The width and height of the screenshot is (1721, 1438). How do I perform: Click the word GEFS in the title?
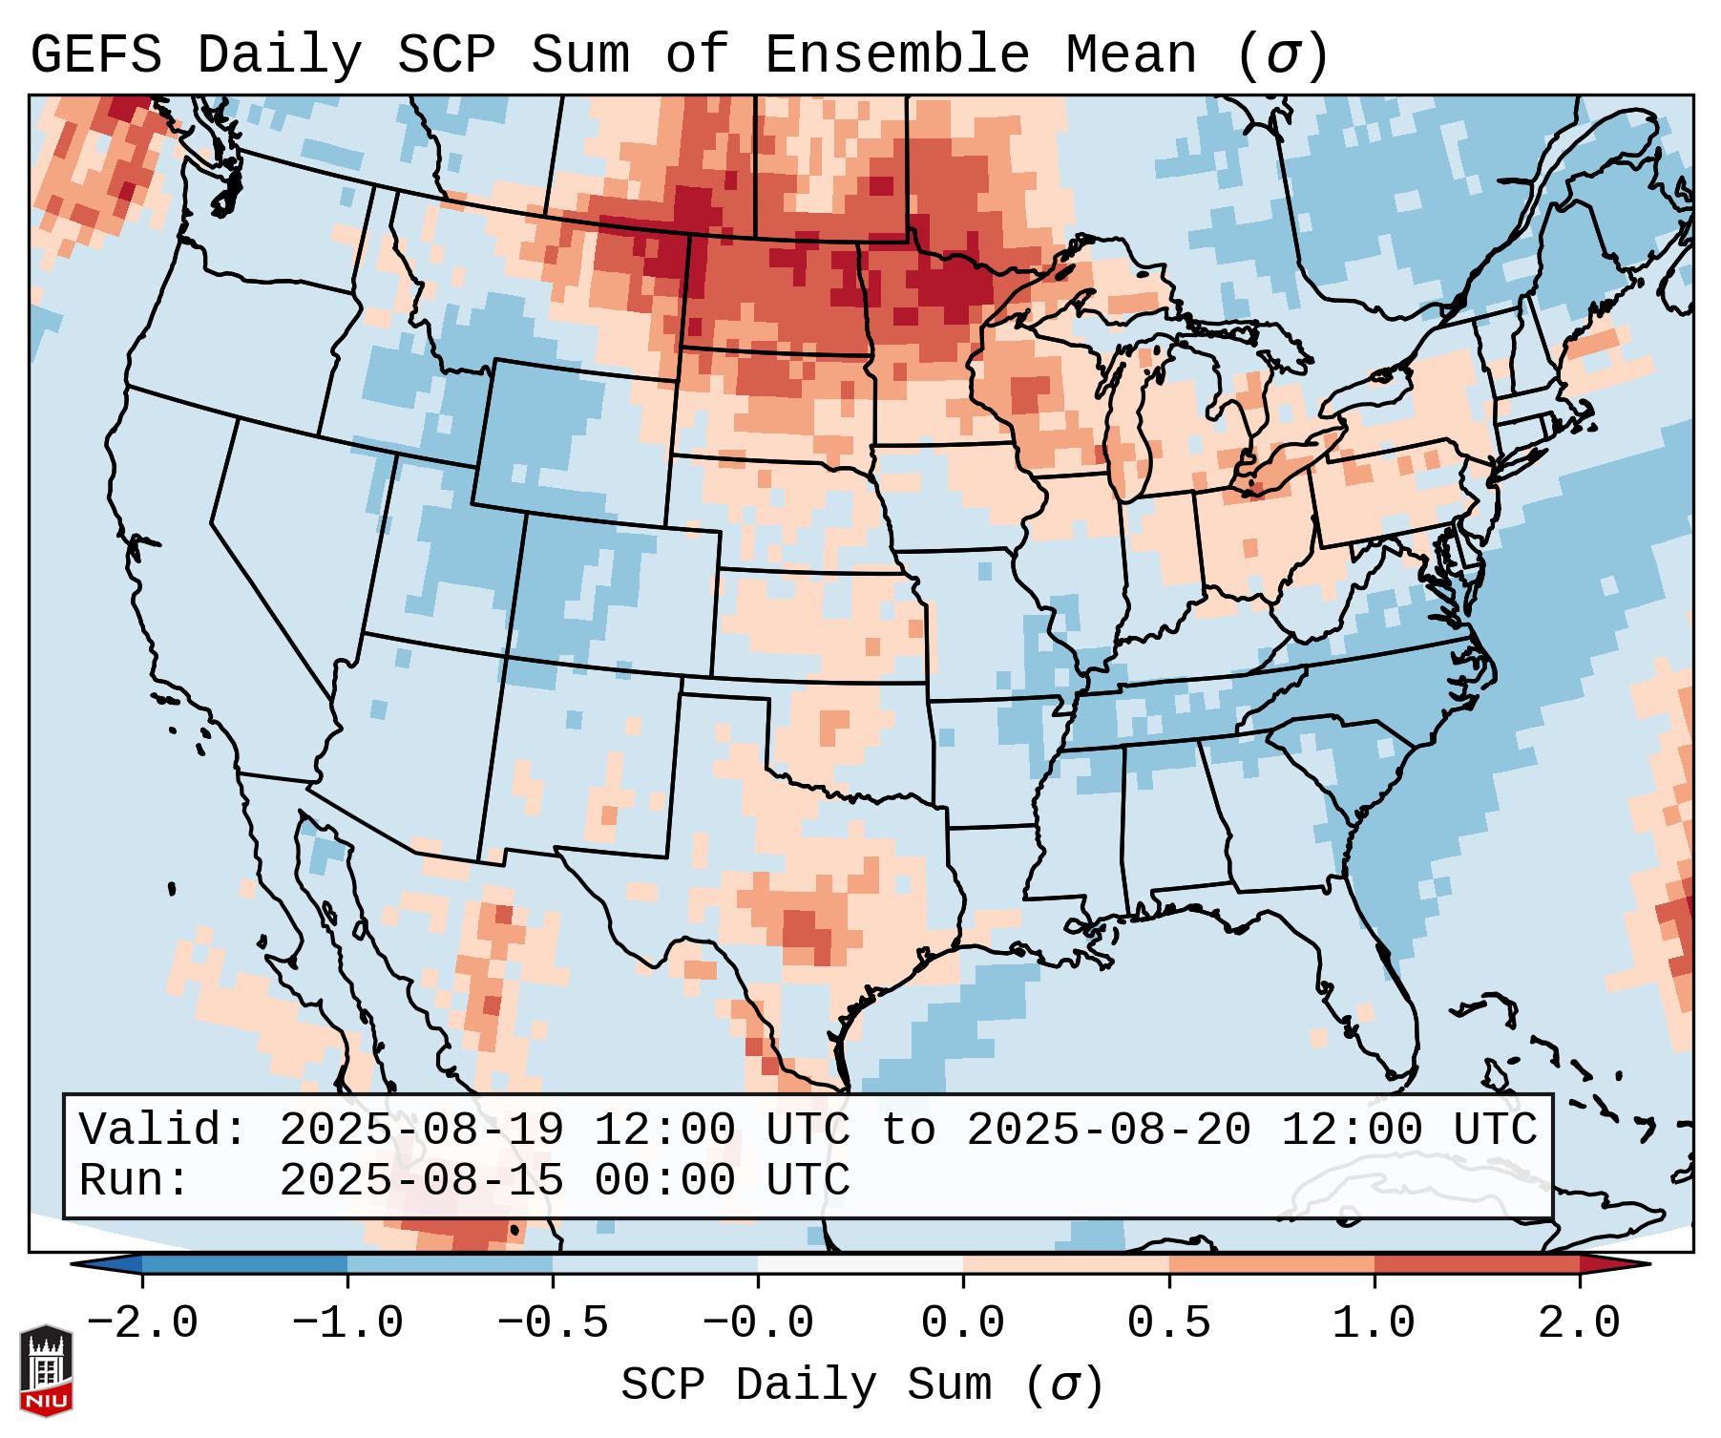[x=95, y=54]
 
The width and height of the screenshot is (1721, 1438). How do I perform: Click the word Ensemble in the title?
[x=896, y=54]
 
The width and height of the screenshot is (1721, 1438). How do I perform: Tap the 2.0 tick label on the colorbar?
[x=1579, y=1323]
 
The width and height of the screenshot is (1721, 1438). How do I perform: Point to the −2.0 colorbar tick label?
[x=142, y=1323]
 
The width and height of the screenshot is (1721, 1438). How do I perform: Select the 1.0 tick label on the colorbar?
[x=1374, y=1323]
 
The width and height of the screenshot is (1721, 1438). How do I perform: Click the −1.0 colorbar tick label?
[x=347, y=1323]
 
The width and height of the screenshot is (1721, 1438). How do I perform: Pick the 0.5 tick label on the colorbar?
[x=1168, y=1323]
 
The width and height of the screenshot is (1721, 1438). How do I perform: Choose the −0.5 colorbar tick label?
[x=553, y=1323]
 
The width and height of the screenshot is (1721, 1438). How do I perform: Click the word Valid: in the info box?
[x=162, y=1130]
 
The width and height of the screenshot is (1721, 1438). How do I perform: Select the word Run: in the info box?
[x=134, y=1180]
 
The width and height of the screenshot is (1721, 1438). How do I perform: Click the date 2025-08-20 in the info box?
[x=1108, y=1130]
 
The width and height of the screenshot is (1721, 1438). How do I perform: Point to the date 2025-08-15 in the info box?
[x=421, y=1180]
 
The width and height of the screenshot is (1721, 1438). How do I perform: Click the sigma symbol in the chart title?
[x=1283, y=54]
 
